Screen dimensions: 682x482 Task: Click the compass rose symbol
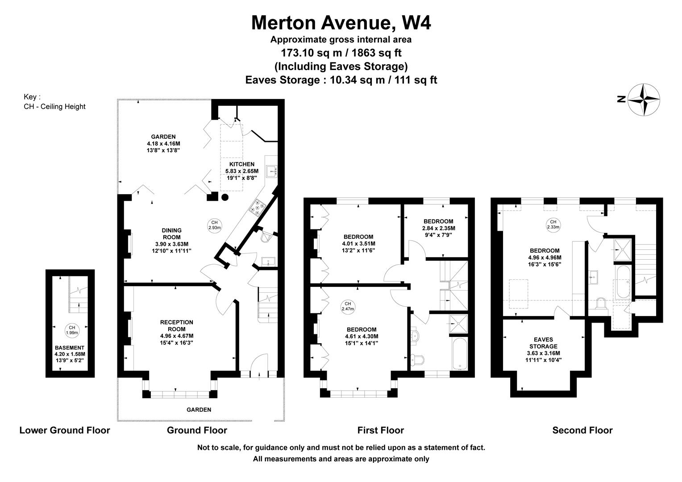click(644, 100)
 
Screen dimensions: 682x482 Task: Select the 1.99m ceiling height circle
click(72, 330)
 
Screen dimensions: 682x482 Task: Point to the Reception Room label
click(177, 332)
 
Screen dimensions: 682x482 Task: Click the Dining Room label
click(171, 241)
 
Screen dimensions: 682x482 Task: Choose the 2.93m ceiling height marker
click(214, 225)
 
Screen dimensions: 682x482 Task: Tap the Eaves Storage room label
click(544, 349)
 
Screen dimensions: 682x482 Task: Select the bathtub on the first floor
click(459, 353)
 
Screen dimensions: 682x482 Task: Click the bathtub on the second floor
click(623, 282)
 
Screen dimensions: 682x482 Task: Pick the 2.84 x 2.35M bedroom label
click(438, 228)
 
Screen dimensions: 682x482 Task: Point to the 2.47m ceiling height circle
click(348, 306)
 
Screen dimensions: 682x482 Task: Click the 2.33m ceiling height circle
click(553, 224)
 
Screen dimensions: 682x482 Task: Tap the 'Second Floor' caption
click(582, 430)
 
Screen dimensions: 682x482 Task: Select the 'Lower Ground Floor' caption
click(65, 430)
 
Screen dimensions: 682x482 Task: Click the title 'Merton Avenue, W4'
click(341, 22)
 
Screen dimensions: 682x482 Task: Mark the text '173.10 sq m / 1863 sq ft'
click(341, 53)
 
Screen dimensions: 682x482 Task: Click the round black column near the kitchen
click(225, 197)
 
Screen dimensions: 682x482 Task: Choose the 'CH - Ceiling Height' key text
click(54, 107)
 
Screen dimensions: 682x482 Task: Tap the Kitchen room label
click(242, 171)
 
